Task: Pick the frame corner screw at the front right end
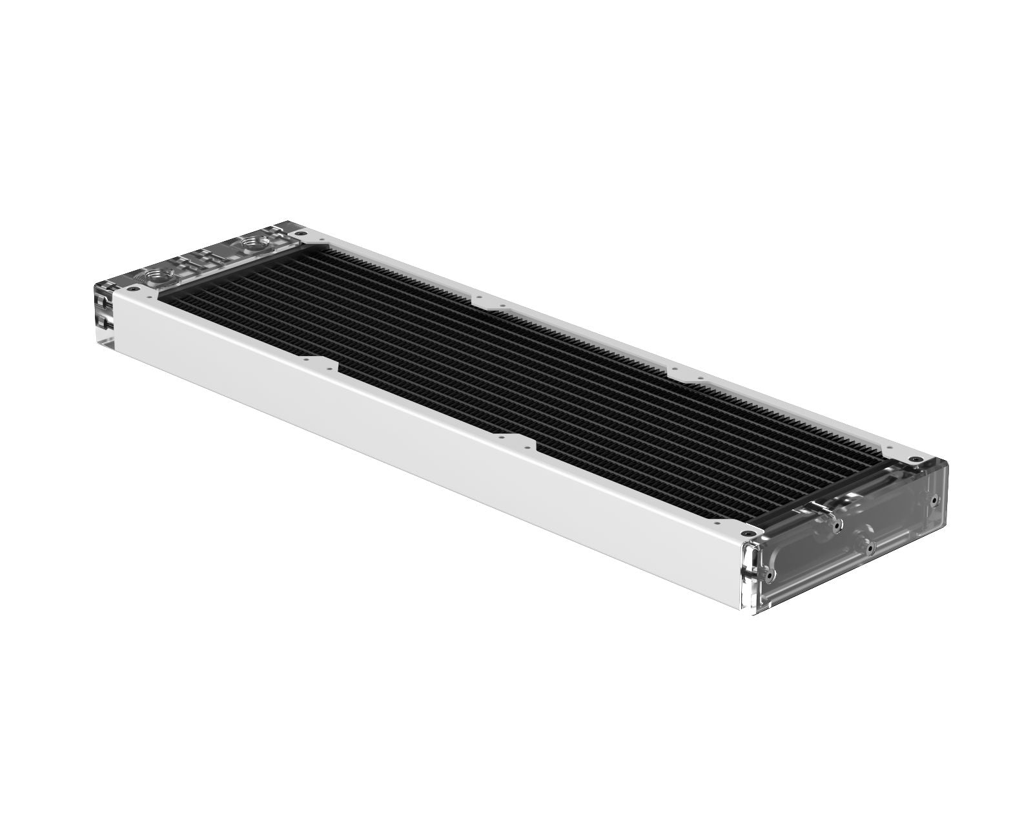(748, 533)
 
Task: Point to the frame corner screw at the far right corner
(915, 459)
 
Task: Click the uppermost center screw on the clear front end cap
(837, 526)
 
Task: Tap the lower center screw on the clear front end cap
(870, 548)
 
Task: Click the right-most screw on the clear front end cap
(934, 500)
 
